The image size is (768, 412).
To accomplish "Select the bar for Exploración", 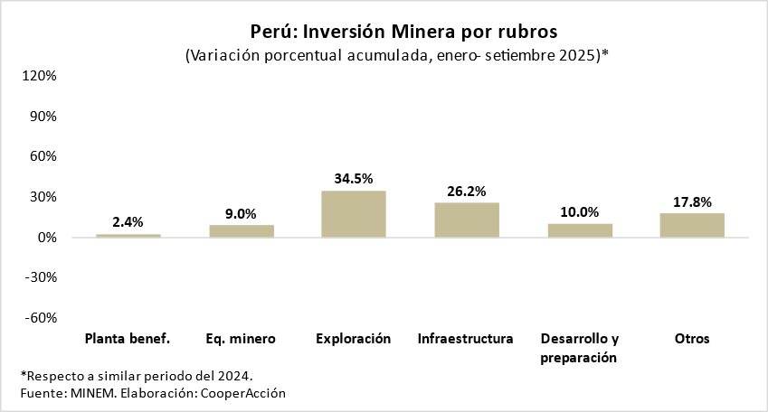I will (x=354, y=214).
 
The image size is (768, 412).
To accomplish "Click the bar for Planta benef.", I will (x=128, y=236).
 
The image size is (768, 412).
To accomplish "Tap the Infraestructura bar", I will (x=467, y=220).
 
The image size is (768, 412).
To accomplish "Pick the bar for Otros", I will (x=692, y=225).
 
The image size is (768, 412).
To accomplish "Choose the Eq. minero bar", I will (x=242, y=231).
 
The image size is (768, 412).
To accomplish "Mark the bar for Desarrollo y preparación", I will (x=580, y=230).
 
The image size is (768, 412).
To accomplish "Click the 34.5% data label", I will (x=354, y=179).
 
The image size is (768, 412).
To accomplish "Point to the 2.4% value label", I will (x=128, y=222).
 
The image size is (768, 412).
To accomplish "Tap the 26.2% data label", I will (x=467, y=191).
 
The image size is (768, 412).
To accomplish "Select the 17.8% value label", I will (x=692, y=201).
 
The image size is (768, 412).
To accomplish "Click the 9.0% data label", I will (x=242, y=214).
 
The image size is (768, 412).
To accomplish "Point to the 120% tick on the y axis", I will (x=40, y=76).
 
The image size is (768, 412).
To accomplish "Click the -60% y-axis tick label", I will (x=40, y=318).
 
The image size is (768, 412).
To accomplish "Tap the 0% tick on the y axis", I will (x=47, y=238).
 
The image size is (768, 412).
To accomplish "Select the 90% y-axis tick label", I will (x=43, y=117).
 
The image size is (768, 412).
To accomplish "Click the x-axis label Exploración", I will (x=354, y=339).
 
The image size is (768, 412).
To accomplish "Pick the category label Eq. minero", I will (x=241, y=339).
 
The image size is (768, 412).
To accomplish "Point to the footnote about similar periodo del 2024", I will (x=137, y=375).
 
